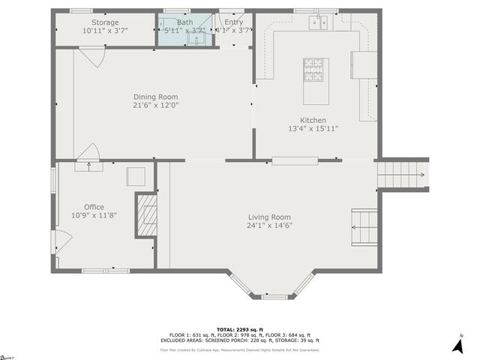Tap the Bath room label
pyautogui.click(x=184, y=22)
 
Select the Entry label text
pyautogui.click(x=233, y=22)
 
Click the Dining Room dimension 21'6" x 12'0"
pyautogui.click(x=156, y=106)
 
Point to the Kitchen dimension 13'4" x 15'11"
pyautogui.click(x=313, y=129)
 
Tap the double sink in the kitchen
pyautogui.click(x=318, y=23)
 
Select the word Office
pyautogui.click(x=94, y=207)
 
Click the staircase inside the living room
pyautogui.click(x=365, y=227)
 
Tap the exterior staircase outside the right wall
pyautogui.click(x=403, y=177)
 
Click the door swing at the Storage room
pyautogui.click(x=90, y=55)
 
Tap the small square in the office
pyautogui.click(x=136, y=176)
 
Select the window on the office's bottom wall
pyautogui.click(x=94, y=271)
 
